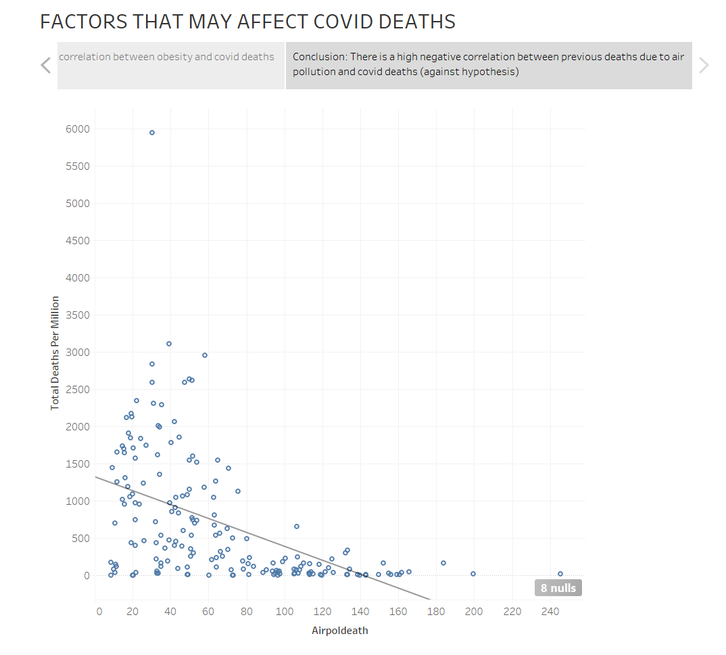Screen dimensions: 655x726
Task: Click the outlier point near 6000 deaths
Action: pyautogui.click(x=152, y=133)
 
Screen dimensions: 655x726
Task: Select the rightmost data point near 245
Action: pyautogui.click(x=560, y=574)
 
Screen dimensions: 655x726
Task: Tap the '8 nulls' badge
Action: pyautogui.click(x=558, y=588)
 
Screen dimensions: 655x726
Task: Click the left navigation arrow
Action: pyautogui.click(x=46, y=66)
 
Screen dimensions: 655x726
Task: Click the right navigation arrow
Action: pyautogui.click(x=704, y=66)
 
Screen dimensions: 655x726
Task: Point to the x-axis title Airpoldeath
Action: pyautogui.click(x=340, y=631)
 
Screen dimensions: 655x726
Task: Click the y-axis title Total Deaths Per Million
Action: pyautogui.click(x=55, y=353)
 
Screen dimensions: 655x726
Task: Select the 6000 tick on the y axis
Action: pyautogui.click(x=78, y=129)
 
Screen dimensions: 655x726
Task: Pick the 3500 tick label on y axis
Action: pyautogui.click(x=78, y=315)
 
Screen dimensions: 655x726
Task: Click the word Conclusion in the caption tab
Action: pyautogui.click(x=319, y=58)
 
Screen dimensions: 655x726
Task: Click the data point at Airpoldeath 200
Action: pyautogui.click(x=473, y=574)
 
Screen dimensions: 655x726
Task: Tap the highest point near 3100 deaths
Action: pyautogui.click(x=169, y=344)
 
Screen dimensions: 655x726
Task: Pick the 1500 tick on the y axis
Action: pyautogui.click(x=78, y=464)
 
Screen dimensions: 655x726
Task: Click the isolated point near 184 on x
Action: pyautogui.click(x=443, y=563)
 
